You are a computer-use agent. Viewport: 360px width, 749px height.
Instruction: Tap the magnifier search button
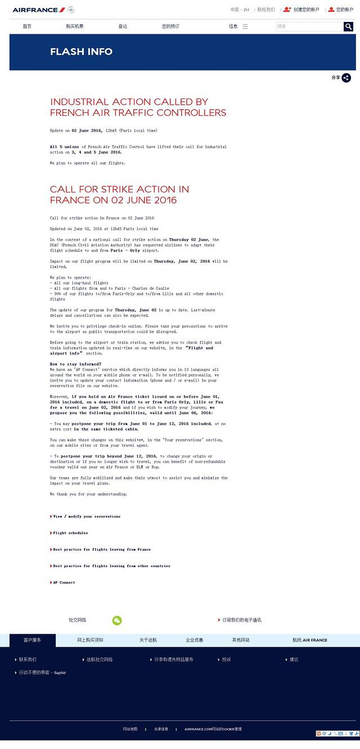click(348, 26)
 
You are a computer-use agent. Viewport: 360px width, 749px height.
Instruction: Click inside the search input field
click(309, 26)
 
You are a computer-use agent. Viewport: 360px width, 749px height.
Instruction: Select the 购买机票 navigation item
click(75, 26)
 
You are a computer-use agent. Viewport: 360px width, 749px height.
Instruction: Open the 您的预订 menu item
click(170, 26)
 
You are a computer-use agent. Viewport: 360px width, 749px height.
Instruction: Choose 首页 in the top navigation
click(27, 26)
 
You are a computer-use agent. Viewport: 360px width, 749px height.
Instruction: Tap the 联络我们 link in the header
click(266, 10)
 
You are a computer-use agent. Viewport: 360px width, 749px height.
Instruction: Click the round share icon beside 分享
click(346, 78)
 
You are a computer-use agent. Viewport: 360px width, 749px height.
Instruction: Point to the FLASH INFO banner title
click(81, 52)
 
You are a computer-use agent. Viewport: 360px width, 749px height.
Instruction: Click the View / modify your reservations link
click(87, 516)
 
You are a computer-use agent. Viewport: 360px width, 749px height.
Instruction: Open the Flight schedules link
click(70, 533)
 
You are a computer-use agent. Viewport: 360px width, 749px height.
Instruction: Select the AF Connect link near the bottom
click(64, 582)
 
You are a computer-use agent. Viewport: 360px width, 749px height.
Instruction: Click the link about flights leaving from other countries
click(111, 566)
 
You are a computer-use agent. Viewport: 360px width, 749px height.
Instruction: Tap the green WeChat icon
click(117, 620)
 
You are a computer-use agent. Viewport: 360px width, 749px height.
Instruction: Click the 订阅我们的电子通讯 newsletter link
click(241, 620)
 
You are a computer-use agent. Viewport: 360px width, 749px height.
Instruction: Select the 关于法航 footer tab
click(148, 640)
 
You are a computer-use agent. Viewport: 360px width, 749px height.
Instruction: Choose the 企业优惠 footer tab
click(195, 640)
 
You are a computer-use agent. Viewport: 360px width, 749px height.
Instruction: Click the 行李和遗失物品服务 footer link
click(174, 660)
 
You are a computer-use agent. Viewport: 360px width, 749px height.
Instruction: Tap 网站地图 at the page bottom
click(130, 729)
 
